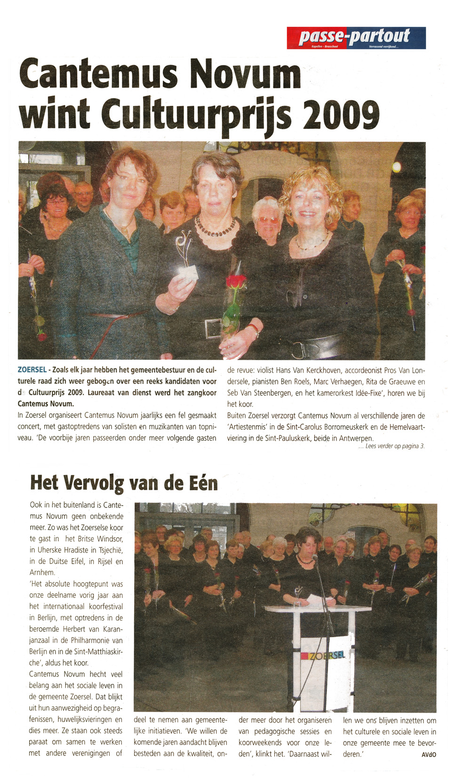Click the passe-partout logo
point(356,38)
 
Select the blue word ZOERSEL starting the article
point(32,370)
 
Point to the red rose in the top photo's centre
point(236,282)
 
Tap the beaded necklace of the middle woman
point(216,227)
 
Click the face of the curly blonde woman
point(309,206)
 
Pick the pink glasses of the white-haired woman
point(268,220)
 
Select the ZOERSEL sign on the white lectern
point(327,655)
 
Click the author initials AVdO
point(428,754)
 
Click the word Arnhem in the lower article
point(42,572)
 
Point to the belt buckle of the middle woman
point(213,328)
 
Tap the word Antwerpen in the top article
point(356,438)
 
